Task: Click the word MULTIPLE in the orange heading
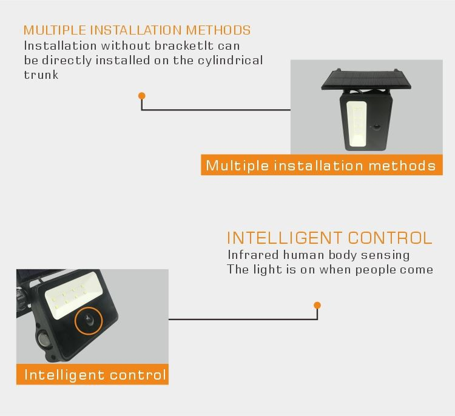(55, 30)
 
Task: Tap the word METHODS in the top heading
(218, 30)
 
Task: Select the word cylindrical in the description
(231, 61)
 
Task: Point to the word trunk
(41, 75)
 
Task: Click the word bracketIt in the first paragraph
(184, 46)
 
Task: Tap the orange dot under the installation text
(141, 96)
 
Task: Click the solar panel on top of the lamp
(366, 79)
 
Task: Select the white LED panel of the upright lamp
(356, 124)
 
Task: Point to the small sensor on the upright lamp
(377, 127)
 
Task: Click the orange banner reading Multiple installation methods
(322, 165)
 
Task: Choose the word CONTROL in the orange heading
(390, 238)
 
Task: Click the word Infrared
(253, 255)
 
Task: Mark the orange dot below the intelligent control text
(317, 305)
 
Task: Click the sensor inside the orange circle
(89, 320)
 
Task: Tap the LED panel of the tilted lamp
(73, 295)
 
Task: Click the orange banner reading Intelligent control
(92, 374)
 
